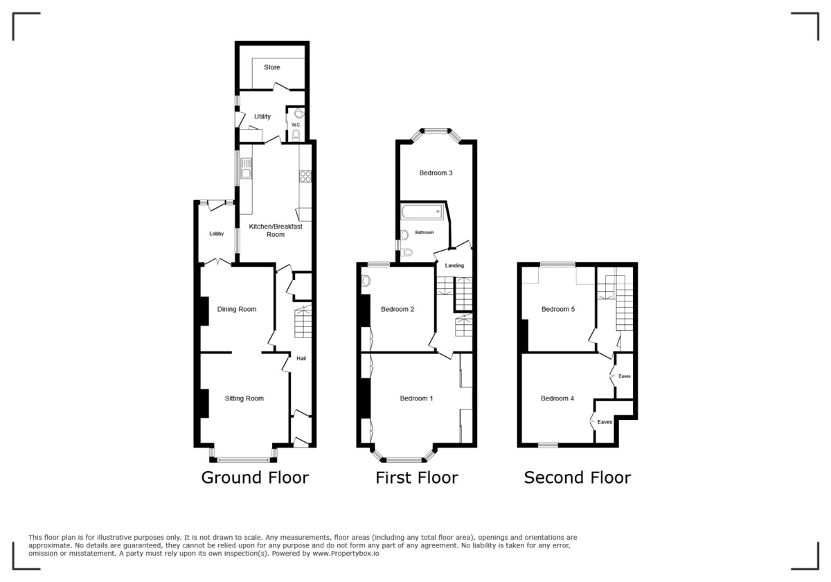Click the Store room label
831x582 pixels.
[271, 67]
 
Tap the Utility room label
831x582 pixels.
[262, 116]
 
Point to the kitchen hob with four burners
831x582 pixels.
[305, 176]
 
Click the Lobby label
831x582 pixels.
[217, 233]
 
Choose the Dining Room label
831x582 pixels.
[237, 309]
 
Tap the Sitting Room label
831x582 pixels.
[244, 398]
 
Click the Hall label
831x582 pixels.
[301, 358]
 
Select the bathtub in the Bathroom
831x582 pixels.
[422, 211]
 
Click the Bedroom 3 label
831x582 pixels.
[436, 173]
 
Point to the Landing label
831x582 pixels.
[454, 265]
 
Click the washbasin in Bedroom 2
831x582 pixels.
[366, 281]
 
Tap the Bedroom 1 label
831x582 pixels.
[416, 398]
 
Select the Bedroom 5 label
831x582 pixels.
[558, 309]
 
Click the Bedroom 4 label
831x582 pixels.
[557, 398]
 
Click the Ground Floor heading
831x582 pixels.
[255, 477]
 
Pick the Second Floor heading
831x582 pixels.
[577, 477]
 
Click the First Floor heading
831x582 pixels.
[416, 477]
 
